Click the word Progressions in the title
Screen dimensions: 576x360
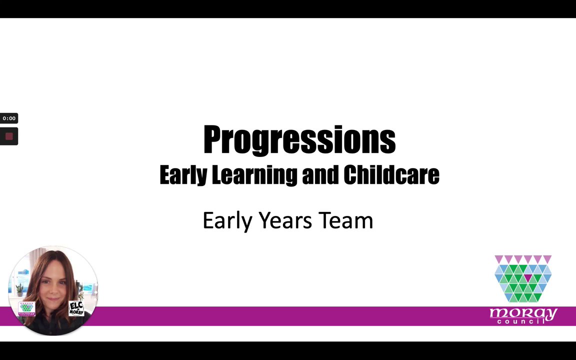(x=299, y=139)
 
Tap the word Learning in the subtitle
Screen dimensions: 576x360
(x=254, y=175)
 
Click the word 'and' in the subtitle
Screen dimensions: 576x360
(x=320, y=174)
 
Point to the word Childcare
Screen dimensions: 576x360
(x=391, y=174)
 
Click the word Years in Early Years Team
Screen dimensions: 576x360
(x=285, y=220)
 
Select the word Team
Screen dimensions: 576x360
(x=345, y=220)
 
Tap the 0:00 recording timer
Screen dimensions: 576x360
(x=9, y=118)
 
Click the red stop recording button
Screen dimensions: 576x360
(x=9, y=136)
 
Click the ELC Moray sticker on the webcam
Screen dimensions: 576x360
(x=76, y=308)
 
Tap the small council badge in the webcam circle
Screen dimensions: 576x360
(x=27, y=309)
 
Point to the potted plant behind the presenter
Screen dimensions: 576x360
(x=19, y=290)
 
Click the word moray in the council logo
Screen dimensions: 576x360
(x=523, y=313)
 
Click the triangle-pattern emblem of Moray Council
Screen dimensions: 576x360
(x=523, y=278)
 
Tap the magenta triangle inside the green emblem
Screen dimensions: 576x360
(x=528, y=278)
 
